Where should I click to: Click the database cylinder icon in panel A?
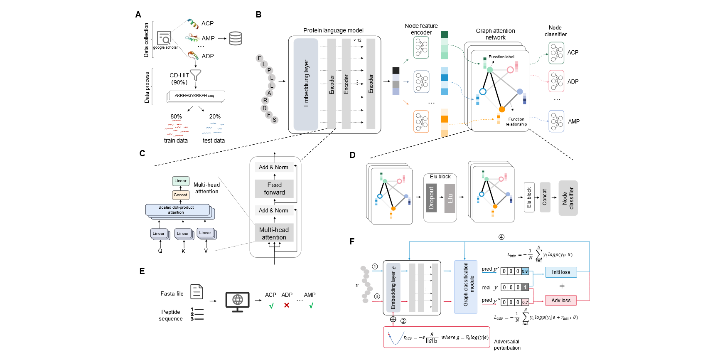[235, 38]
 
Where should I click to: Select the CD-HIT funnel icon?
[195, 75]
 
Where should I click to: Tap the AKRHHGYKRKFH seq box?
[195, 96]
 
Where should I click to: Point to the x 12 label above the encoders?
[357, 40]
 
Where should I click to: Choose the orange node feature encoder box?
[421, 121]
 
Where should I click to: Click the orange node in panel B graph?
[501, 109]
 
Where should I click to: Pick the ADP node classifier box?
[556, 81]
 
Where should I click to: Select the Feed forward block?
[274, 189]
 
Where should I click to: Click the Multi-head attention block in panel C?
[274, 233]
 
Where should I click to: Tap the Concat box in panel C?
[180, 195]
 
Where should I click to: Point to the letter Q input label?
[160, 251]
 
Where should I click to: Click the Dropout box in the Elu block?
[431, 198]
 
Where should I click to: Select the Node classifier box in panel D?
[568, 198]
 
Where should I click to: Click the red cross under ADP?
[287, 305]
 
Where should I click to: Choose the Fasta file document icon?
[197, 292]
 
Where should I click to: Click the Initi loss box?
[561, 272]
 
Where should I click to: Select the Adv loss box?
[561, 300]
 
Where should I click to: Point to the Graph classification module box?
[466, 286]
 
